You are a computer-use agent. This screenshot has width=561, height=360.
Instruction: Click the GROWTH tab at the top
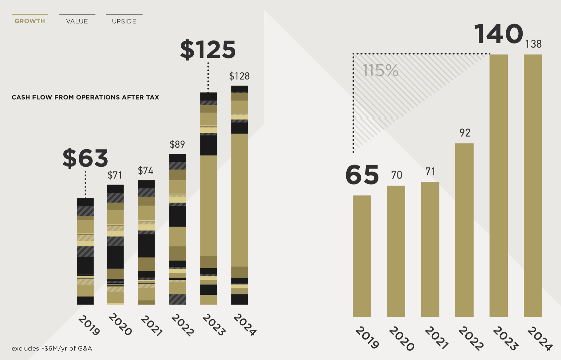click(x=30, y=21)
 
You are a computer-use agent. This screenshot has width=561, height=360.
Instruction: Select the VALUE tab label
click(x=77, y=21)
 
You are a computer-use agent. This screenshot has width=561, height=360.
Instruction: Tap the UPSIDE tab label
click(x=124, y=21)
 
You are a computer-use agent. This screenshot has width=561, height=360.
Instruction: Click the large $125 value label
click(x=208, y=50)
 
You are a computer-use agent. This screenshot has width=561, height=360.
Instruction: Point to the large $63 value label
click(x=85, y=158)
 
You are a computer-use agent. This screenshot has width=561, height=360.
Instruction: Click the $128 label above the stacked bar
click(x=239, y=76)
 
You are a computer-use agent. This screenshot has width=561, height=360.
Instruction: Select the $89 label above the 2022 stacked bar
click(x=177, y=144)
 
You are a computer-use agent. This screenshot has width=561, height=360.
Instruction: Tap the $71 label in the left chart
click(x=115, y=175)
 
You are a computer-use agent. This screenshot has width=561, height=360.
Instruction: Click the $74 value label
click(x=146, y=171)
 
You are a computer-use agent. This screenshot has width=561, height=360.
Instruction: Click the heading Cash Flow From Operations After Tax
click(x=85, y=97)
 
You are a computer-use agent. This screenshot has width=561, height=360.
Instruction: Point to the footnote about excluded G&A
click(x=52, y=349)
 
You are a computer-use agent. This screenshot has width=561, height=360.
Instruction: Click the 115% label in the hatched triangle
click(x=380, y=71)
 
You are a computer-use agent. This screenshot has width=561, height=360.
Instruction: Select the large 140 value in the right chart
click(x=498, y=34)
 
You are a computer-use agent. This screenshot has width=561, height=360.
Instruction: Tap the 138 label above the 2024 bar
click(x=533, y=44)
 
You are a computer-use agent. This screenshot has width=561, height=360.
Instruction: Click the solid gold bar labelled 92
click(x=464, y=228)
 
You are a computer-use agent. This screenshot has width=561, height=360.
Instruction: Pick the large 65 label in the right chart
click(x=362, y=175)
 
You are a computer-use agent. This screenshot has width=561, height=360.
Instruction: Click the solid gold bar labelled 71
click(x=430, y=248)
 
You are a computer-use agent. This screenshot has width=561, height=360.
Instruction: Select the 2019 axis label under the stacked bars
click(x=89, y=325)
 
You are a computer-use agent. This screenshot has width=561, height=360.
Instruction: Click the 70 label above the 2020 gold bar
click(x=396, y=175)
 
